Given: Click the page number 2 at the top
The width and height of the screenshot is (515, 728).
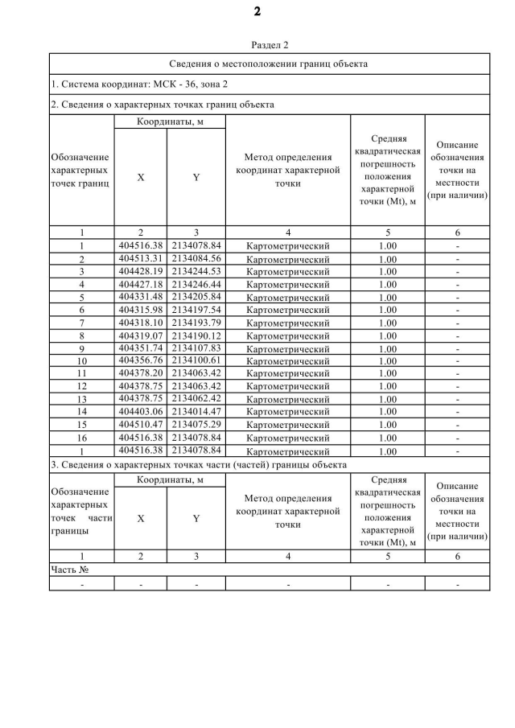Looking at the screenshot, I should (x=257, y=11).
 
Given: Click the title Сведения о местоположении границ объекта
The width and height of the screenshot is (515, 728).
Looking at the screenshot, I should (x=270, y=63).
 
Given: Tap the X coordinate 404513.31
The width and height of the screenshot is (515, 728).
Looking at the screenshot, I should (x=140, y=258).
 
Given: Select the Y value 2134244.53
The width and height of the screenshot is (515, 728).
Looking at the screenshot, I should (x=196, y=271).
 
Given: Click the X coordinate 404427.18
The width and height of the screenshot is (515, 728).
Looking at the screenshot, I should (x=140, y=284).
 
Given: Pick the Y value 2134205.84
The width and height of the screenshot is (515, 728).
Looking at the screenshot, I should (x=196, y=297).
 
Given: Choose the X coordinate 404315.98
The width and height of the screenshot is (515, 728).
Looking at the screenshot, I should (x=140, y=310).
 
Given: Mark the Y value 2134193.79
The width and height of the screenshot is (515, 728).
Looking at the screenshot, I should (x=196, y=322).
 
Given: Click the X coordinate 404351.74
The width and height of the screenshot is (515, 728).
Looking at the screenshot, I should (x=140, y=348).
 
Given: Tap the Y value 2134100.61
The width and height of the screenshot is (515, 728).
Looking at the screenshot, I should (x=196, y=360).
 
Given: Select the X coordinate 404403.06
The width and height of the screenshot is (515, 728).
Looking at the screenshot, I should (x=140, y=411).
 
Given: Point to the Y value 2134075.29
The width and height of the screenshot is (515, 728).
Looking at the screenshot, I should (x=196, y=424).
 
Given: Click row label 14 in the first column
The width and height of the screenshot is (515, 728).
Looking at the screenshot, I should (x=82, y=412).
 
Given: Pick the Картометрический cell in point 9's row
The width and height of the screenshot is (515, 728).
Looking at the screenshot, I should (x=288, y=348).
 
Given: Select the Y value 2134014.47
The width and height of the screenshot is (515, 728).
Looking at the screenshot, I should (x=196, y=411).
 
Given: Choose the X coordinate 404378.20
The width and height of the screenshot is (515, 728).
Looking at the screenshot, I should (x=140, y=373).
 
